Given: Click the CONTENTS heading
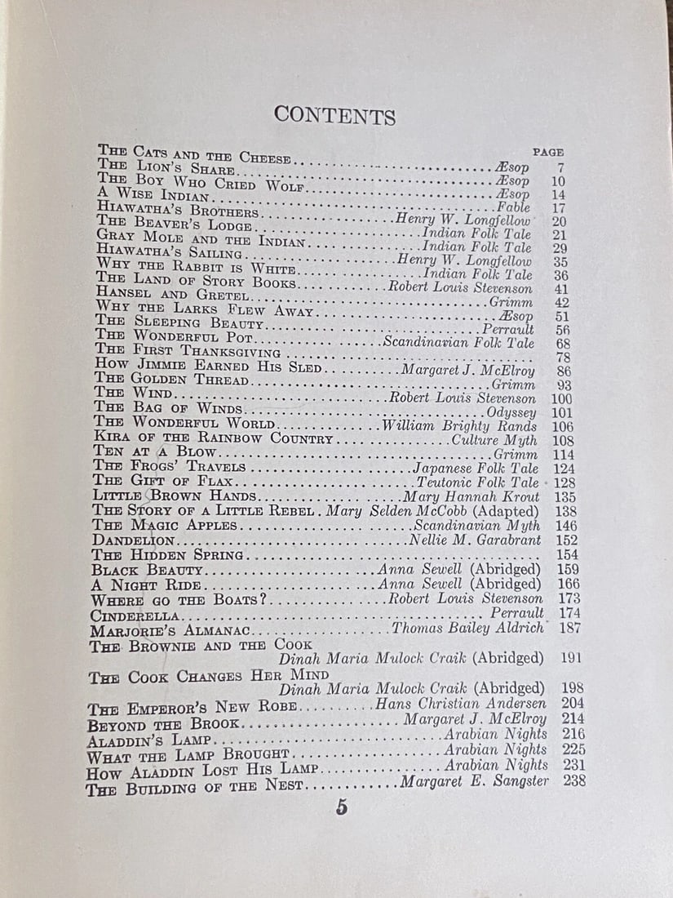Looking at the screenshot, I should click(334, 115).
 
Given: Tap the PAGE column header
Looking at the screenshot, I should click(548, 152).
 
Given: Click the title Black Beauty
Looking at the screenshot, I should click(147, 570).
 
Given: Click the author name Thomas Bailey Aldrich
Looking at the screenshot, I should click(467, 628).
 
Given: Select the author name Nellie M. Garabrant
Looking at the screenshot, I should click(474, 540).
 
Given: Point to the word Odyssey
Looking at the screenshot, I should click(512, 413).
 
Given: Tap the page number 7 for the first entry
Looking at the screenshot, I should click(560, 167).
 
